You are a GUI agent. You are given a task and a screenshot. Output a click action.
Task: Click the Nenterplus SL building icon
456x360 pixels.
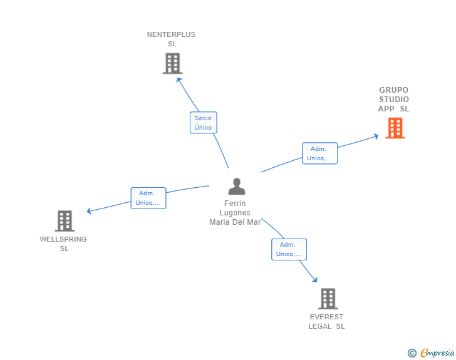172,63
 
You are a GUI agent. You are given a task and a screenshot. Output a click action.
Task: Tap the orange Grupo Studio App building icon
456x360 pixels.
395,128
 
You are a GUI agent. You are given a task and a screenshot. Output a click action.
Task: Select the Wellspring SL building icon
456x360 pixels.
65,221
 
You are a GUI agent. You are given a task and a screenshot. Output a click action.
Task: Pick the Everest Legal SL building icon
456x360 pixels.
328,299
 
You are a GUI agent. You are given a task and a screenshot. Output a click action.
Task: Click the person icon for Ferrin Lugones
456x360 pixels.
236,187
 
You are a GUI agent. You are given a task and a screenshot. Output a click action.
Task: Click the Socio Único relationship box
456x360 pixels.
203,123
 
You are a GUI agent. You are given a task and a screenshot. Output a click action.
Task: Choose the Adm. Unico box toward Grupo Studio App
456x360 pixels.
319,153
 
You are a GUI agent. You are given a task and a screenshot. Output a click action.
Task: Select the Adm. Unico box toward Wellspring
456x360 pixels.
148,198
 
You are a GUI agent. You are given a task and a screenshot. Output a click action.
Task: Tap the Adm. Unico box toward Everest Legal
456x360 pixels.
289,249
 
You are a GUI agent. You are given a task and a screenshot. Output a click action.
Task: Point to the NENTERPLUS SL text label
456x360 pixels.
171,39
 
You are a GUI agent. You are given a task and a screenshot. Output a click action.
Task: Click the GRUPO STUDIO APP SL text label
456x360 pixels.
393,100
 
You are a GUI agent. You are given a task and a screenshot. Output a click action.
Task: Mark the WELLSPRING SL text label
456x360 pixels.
63,244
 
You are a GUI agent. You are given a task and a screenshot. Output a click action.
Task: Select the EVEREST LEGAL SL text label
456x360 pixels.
326,321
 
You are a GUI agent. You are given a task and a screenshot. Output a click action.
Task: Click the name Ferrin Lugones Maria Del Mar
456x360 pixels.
235,213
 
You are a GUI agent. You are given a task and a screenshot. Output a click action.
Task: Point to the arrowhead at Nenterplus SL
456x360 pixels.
179,80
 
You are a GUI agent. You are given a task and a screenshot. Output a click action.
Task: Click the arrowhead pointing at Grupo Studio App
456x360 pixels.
376,136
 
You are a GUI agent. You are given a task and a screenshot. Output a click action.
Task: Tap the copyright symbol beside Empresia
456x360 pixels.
412,353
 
